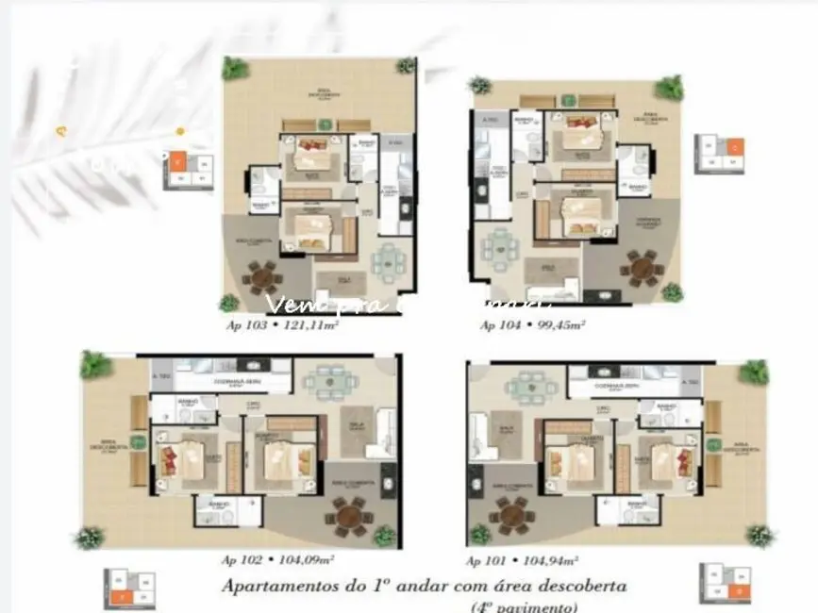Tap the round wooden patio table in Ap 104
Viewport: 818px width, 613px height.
[x=643, y=268]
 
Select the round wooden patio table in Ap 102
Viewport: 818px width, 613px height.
[x=347, y=515]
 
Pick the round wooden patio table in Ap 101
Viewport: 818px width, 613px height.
[x=512, y=515]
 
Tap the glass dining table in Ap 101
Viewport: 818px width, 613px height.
[x=526, y=386]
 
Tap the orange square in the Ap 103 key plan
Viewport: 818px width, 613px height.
[x=176, y=160]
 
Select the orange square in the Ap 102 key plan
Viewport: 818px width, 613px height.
[x=120, y=596]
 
